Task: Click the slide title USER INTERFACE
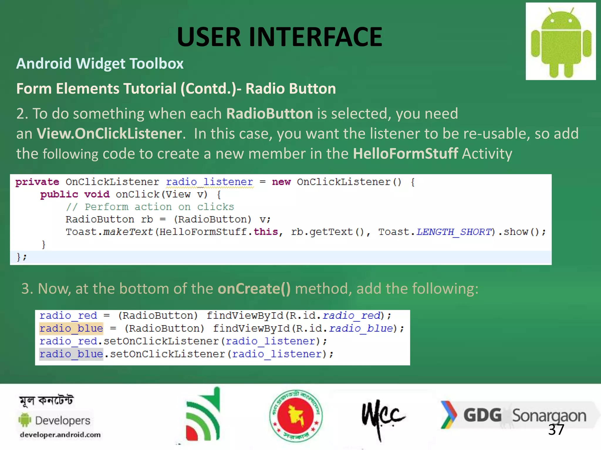[279, 37]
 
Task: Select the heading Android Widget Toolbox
[100, 64]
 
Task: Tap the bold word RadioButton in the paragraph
[269, 114]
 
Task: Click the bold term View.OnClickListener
[109, 134]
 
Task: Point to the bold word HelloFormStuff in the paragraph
[405, 154]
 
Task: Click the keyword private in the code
[37, 182]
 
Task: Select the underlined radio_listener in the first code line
[209, 182]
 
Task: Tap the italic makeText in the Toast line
[128, 232]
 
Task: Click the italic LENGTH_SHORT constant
[454, 232]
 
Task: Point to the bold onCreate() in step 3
[254, 289]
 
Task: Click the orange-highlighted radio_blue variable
[71, 328]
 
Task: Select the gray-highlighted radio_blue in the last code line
[71, 354]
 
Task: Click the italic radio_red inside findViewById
[351, 316]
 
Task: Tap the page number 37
[556, 430]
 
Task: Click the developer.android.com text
[60, 435]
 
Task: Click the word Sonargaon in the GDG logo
[549, 416]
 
